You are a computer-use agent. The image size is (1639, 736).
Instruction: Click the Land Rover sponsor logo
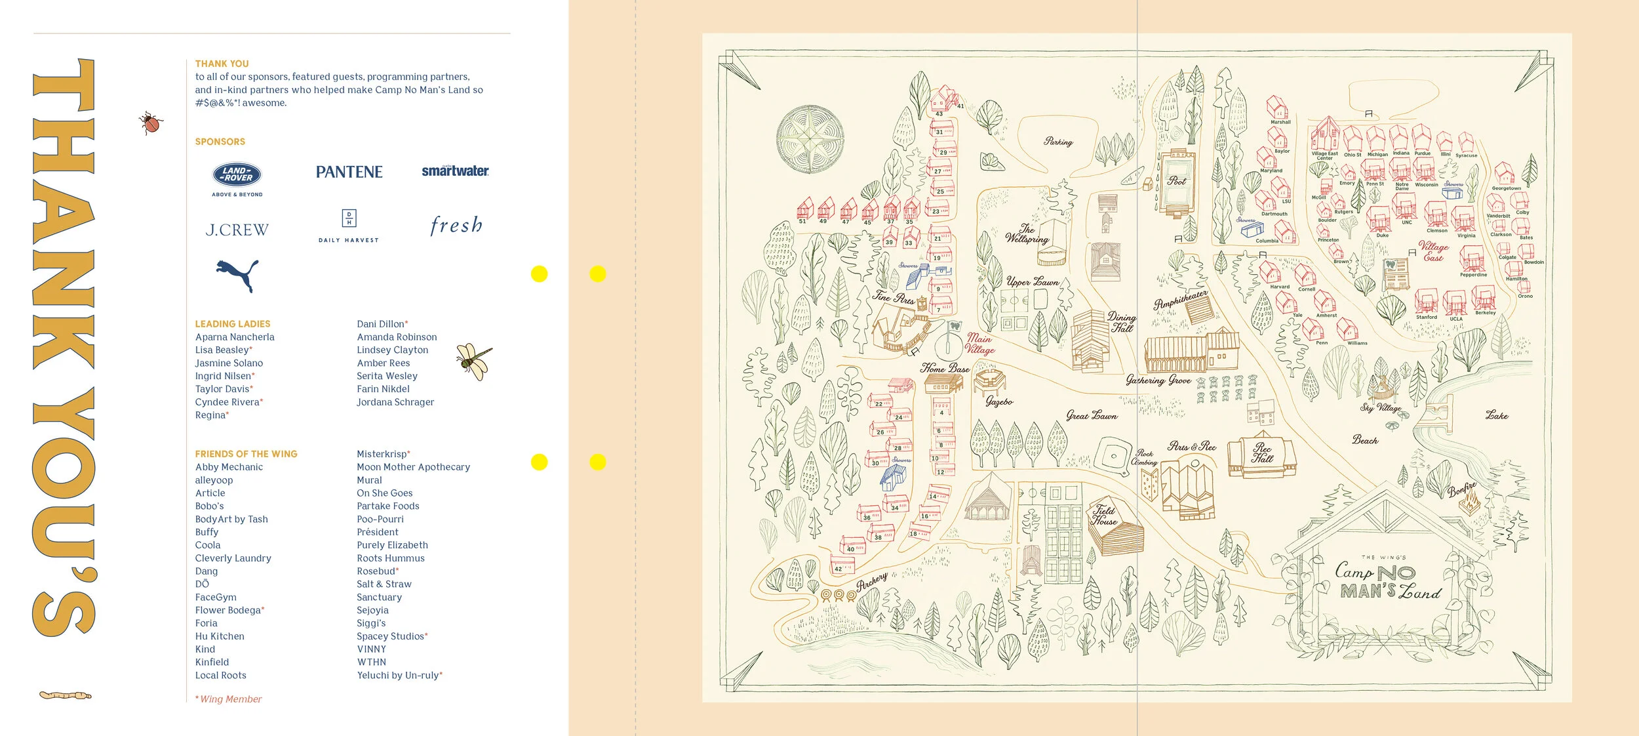(237, 175)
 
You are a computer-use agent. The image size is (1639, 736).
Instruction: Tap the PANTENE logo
(349, 173)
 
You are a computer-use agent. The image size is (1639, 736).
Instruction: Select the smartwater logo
(455, 171)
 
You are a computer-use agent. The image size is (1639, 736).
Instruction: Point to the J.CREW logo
(237, 230)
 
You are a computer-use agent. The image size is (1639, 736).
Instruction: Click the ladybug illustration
(151, 123)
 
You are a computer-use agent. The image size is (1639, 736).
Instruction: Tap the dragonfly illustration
(475, 361)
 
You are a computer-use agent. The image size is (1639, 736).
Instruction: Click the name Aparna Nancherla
(235, 337)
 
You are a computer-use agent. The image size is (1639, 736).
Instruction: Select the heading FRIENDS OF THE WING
(246, 454)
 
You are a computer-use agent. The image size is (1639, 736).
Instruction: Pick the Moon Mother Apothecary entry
(413, 467)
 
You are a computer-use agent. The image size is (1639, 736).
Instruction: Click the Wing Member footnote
(229, 699)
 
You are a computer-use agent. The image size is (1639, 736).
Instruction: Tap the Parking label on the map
(1058, 142)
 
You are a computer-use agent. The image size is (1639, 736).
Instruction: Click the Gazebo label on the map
(999, 401)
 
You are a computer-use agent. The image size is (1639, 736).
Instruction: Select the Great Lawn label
(1092, 415)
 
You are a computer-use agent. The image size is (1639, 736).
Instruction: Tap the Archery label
(872, 581)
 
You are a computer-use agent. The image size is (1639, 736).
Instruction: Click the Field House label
(1104, 516)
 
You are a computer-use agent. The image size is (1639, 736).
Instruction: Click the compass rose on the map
(811, 140)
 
